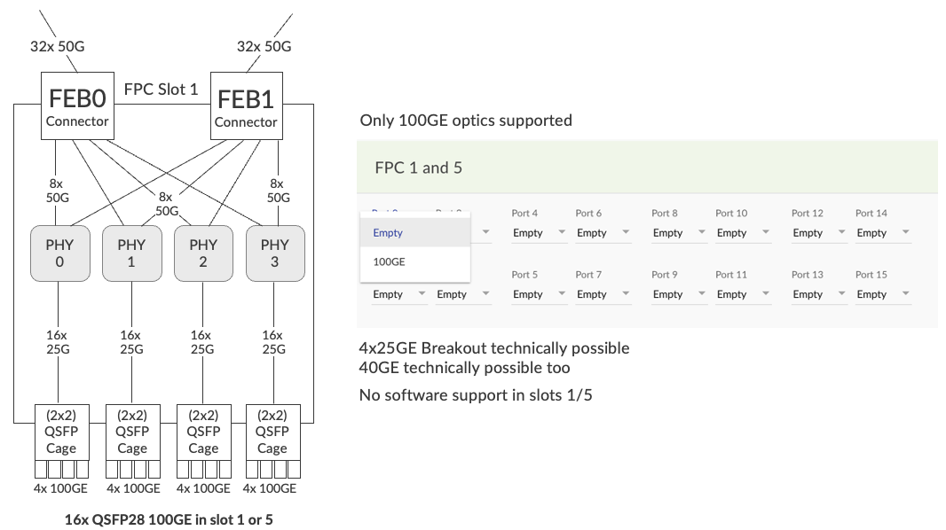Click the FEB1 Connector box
pyautogui.click(x=246, y=105)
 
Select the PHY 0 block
pyautogui.click(x=59, y=253)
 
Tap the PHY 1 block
pyautogui.click(x=131, y=253)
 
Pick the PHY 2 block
pyautogui.click(x=203, y=253)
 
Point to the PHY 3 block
pyautogui.click(x=275, y=253)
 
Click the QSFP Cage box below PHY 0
pyautogui.click(x=60, y=431)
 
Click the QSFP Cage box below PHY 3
pyautogui.click(x=272, y=431)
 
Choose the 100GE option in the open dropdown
pyautogui.click(x=390, y=262)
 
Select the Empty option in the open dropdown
pyautogui.click(x=388, y=233)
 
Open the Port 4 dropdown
pyautogui.click(x=540, y=233)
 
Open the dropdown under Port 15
pyautogui.click(x=883, y=294)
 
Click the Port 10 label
pyautogui.click(x=731, y=214)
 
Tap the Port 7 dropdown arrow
pyautogui.click(x=627, y=294)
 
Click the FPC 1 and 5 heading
pyautogui.click(x=419, y=168)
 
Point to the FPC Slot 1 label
pyautogui.click(x=161, y=90)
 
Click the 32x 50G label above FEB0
pyautogui.click(x=58, y=47)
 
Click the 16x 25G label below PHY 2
pyautogui.click(x=201, y=342)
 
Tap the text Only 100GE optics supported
pyautogui.click(x=466, y=121)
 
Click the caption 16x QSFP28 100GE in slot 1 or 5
pyautogui.click(x=169, y=519)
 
